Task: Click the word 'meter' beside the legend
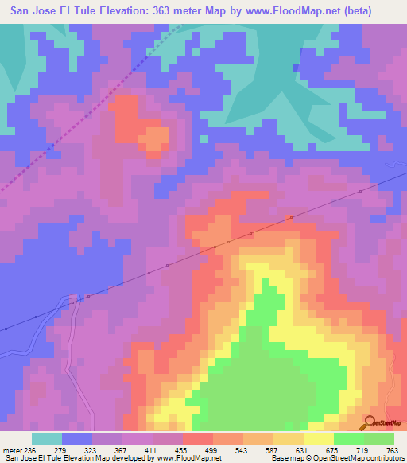click(11, 449)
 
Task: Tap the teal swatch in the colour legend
click(47, 438)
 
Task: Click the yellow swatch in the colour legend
click(319, 438)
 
